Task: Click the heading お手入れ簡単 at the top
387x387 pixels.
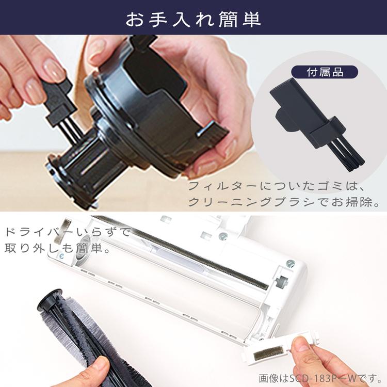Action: pyautogui.click(x=193, y=19)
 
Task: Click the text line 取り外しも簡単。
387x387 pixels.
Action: pyautogui.click(x=57, y=249)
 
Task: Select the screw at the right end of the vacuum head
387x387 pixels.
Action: pyautogui.click(x=291, y=264)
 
